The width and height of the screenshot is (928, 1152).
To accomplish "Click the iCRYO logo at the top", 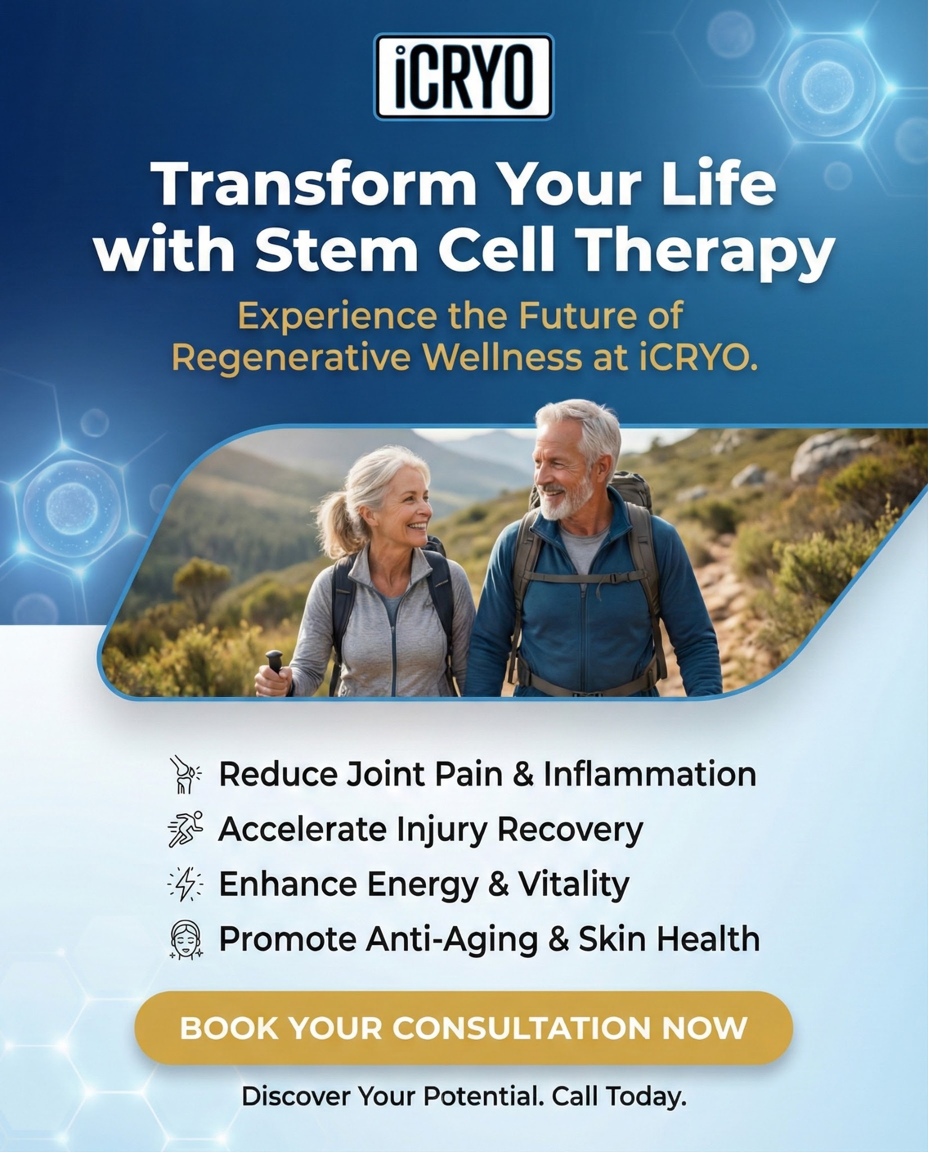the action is (x=464, y=76).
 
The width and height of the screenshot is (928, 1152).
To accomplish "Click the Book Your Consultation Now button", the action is (x=464, y=1029).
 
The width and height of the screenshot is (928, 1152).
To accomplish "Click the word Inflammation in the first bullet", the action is (x=649, y=774).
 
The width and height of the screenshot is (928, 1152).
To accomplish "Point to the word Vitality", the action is (x=573, y=885).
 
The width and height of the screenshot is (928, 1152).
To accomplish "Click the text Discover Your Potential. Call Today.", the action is (x=464, y=1097).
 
